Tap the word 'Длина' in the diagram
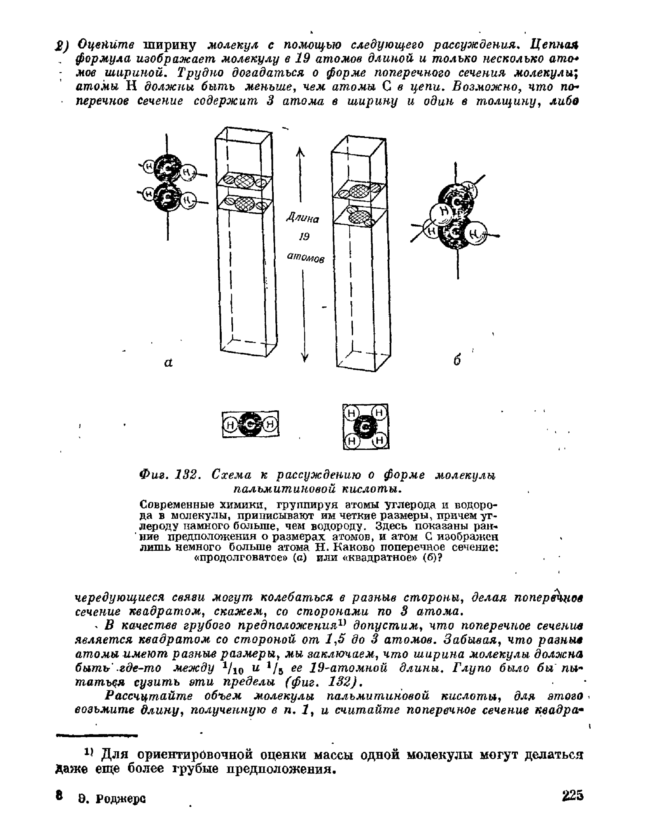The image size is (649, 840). (303, 218)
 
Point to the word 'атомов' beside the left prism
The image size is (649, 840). (305, 257)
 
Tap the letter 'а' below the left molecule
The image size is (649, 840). (168, 362)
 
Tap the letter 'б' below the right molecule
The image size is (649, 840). (457, 360)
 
